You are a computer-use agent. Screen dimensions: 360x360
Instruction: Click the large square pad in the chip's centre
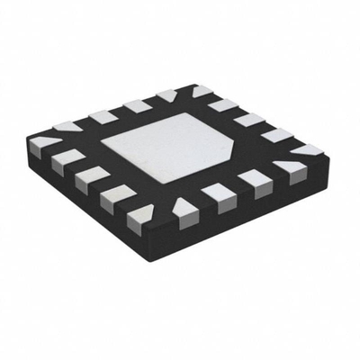(x=171, y=143)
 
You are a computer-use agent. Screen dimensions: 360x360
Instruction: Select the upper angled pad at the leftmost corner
(x=65, y=126)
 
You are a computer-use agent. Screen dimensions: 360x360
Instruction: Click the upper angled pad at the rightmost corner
(x=306, y=150)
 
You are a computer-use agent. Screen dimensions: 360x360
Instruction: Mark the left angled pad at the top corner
(x=167, y=94)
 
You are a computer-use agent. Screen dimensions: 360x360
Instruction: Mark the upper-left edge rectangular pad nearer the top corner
(x=137, y=105)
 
